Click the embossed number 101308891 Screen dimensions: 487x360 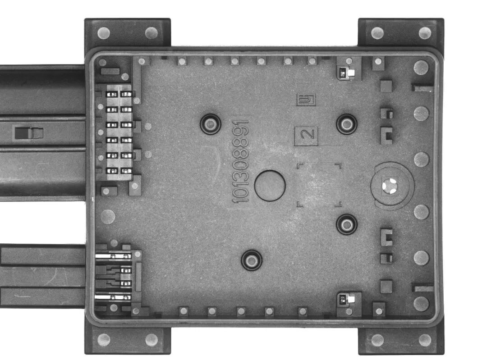coord(241,161)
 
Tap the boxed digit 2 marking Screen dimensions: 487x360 coord(306,136)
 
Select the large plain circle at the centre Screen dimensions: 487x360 coord(270,185)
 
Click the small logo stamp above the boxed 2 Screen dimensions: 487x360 coord(306,100)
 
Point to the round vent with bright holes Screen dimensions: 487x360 coord(390,186)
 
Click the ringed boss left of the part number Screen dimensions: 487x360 coord(210,124)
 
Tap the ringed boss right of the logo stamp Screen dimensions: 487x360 coord(347,124)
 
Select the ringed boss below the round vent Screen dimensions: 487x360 coord(347,224)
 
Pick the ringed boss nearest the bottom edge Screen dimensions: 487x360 coord(252,260)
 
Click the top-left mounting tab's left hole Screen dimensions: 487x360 coord(104,33)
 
